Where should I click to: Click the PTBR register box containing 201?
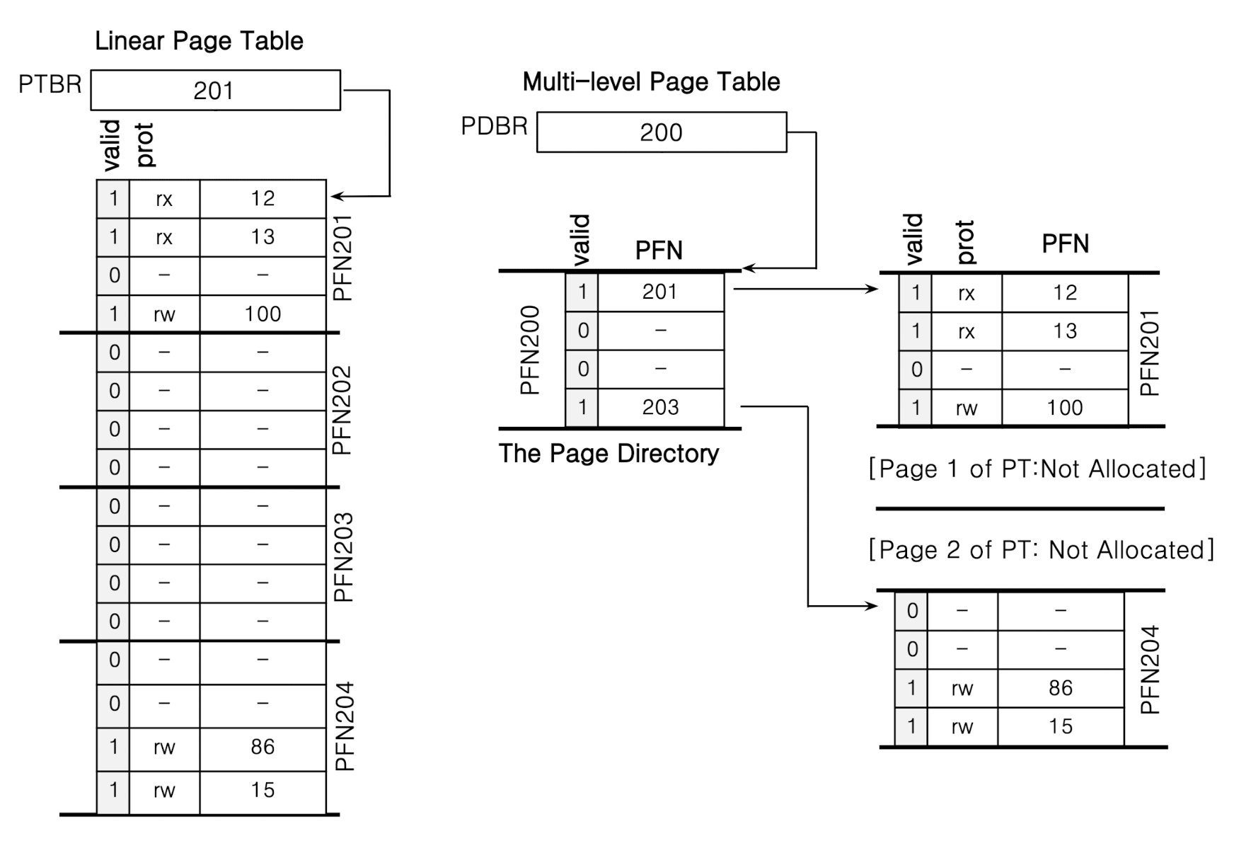[x=215, y=91]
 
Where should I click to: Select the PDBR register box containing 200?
[x=661, y=132]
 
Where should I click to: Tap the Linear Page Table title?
[x=199, y=41]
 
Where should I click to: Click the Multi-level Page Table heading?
[x=651, y=82]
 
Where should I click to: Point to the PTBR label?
[x=50, y=85]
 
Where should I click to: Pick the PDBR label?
[x=494, y=127]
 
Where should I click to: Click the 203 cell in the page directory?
[x=660, y=408]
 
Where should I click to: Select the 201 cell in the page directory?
[x=660, y=292]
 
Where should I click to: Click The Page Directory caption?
[x=609, y=454]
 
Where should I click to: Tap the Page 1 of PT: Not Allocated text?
[x=1037, y=469]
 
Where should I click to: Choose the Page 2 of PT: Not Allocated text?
[x=1041, y=550]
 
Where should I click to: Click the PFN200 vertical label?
[x=530, y=350]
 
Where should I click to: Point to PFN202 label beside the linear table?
[x=342, y=411]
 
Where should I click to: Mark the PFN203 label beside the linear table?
[x=343, y=558]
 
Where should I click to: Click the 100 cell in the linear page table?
[x=263, y=314]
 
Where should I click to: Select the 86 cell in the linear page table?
[x=263, y=747]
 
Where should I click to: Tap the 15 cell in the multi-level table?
[x=1060, y=726]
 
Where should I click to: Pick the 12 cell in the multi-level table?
[x=1064, y=292]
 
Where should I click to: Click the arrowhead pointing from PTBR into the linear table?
[x=335, y=196]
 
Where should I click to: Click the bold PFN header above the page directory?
[x=659, y=251]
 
